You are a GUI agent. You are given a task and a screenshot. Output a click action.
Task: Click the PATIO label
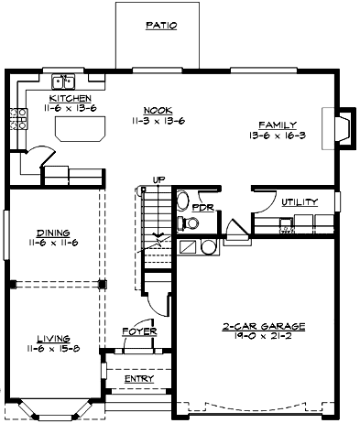161,27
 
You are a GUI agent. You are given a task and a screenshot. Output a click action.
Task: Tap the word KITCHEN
70,98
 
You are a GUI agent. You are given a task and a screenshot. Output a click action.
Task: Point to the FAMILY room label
276,124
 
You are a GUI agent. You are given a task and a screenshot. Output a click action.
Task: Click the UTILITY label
300,201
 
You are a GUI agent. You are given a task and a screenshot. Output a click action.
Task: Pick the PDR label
202,207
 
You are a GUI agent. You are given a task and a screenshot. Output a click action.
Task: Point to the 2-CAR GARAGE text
263,326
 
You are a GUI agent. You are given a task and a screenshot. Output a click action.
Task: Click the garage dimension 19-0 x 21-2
263,337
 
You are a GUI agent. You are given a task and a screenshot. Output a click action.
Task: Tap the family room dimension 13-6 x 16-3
276,135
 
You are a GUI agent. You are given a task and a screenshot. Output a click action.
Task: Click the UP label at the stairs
157,179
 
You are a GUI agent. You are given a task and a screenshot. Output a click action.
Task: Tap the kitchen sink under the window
62,81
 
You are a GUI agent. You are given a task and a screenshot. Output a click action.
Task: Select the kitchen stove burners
16,118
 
